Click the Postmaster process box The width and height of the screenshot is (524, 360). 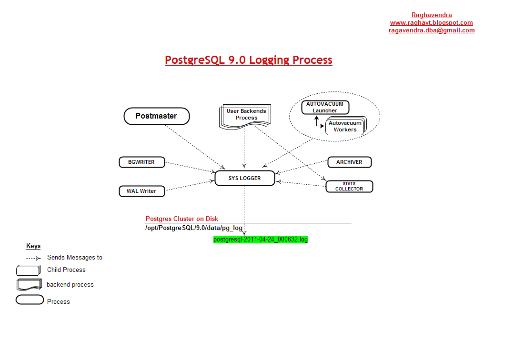pos(156,116)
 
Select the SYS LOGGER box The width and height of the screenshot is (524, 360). pos(244,178)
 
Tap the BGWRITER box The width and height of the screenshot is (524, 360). pos(141,162)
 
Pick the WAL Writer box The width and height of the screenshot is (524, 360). pos(141,191)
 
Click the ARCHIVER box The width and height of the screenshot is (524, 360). pos(349,162)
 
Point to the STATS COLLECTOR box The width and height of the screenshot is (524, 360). pos(349,186)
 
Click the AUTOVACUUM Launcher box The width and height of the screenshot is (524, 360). pos(325,107)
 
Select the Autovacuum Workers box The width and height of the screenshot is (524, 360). pos(345,126)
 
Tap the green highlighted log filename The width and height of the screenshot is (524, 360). pos(261,240)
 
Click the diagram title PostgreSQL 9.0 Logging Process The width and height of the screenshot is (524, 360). pos(249,60)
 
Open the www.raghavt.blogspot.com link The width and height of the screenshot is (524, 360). pos(431,22)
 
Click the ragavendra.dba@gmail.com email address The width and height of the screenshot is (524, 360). pos(432,30)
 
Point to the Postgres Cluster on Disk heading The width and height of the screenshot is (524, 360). pos(182,219)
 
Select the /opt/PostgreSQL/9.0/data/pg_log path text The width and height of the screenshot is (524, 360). pos(194,228)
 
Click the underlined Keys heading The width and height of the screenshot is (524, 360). pos(33,246)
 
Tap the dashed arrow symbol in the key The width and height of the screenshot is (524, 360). pos(33,258)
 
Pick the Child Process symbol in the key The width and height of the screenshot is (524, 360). pos(28,270)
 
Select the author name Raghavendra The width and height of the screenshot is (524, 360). pos(432,15)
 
